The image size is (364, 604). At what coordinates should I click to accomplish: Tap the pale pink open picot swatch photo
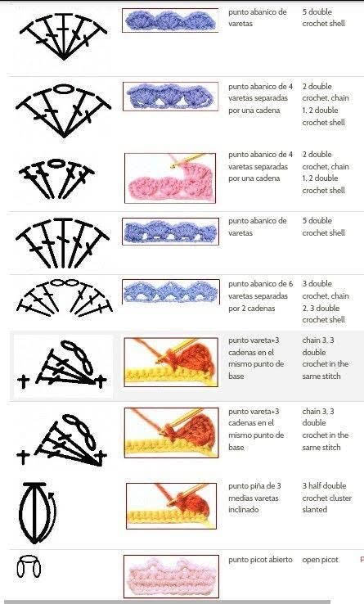171,576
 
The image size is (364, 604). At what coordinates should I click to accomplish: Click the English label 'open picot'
320,560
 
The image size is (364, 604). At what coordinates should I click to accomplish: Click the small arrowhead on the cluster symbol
51,494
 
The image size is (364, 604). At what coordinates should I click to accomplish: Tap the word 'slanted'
315,509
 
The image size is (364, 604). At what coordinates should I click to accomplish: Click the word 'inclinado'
244,509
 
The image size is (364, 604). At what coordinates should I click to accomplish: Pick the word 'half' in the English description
316,486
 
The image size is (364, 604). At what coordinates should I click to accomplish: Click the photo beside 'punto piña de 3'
171,506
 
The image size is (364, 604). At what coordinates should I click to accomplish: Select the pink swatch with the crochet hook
170,178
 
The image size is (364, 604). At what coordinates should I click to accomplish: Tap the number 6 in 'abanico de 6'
290,284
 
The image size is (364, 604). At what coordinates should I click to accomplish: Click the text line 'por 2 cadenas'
251,309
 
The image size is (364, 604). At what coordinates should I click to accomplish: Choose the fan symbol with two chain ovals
65,298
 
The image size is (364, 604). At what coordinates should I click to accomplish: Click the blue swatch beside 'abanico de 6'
171,291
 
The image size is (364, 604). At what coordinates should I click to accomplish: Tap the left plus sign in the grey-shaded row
24,382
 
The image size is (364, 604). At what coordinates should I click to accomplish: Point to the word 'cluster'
339,498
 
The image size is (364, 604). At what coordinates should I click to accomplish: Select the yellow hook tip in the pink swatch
173,166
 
